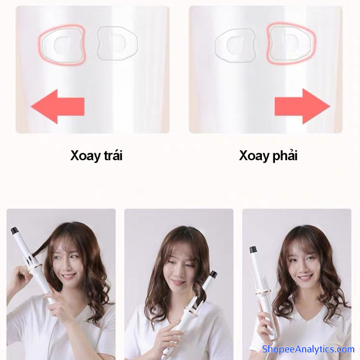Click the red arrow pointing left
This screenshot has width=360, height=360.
tap(57, 106)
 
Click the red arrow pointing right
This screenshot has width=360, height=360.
tap(303, 106)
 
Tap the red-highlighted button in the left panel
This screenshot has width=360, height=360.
tap(62, 45)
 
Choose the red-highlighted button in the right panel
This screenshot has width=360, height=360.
tap(291, 43)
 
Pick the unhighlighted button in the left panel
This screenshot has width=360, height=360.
tap(117, 44)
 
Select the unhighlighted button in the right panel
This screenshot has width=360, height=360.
tap(235, 46)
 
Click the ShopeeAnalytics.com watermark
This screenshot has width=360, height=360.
tap(308, 349)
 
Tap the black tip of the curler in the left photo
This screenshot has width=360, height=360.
tap(14, 230)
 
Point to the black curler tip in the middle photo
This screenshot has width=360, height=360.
tap(213, 274)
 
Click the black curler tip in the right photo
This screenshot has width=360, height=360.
tap(253, 249)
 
